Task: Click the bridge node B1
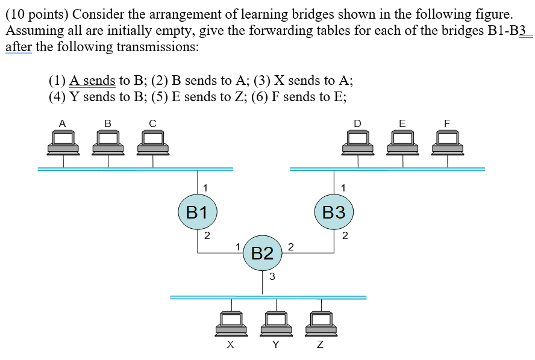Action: click(x=197, y=212)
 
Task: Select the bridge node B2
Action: click(x=262, y=253)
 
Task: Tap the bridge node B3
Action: click(x=334, y=212)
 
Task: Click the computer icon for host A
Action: click(x=63, y=142)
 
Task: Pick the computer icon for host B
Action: click(x=107, y=142)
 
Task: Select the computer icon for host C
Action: click(x=152, y=142)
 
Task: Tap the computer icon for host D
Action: click(x=358, y=142)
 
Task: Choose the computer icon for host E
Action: click(x=402, y=142)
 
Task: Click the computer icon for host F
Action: click(x=447, y=142)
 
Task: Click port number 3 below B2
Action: click(x=272, y=276)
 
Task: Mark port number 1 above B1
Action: click(x=207, y=187)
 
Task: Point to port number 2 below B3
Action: click(x=344, y=235)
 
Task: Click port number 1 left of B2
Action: click(x=238, y=246)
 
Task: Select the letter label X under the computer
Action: click(x=230, y=345)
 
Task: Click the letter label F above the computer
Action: click(x=447, y=123)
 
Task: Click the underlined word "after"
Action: click(x=18, y=47)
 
